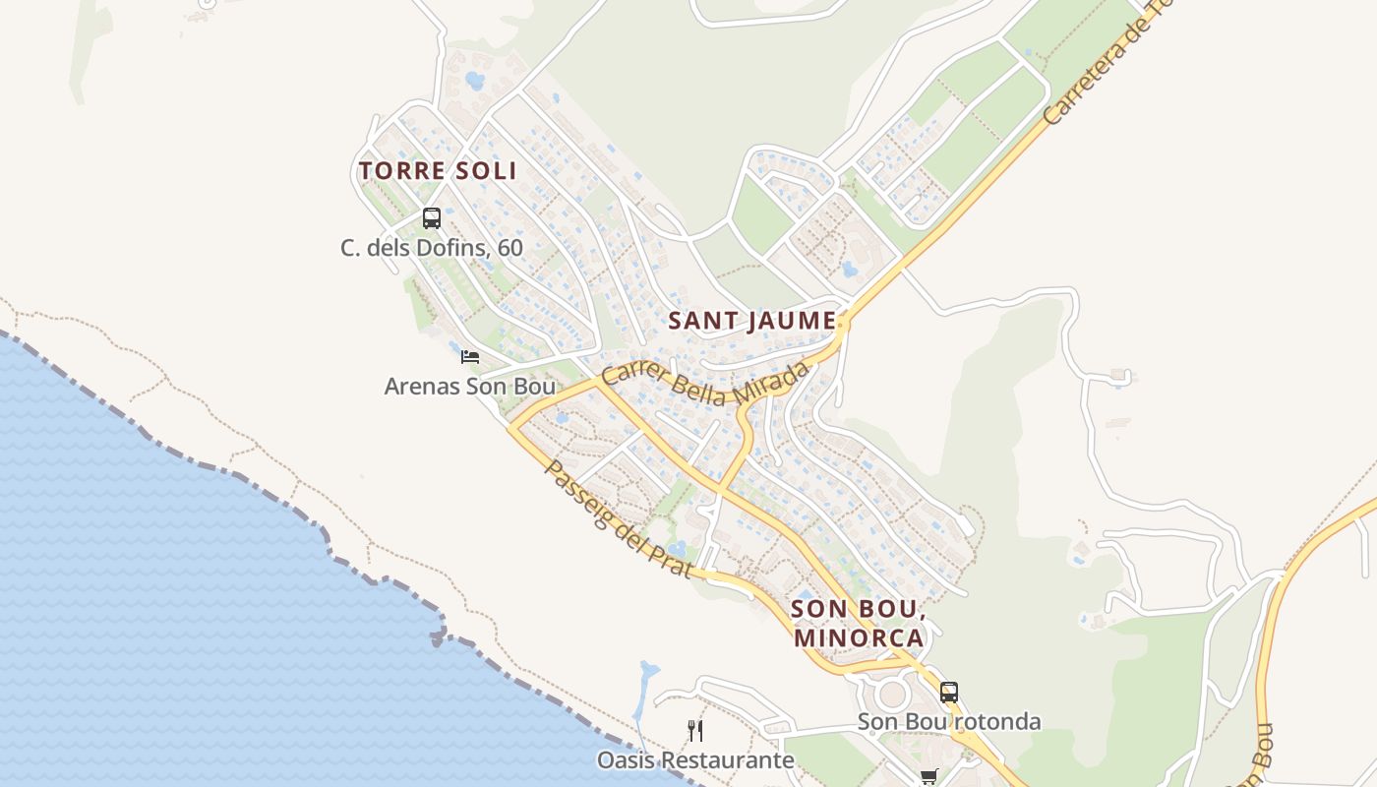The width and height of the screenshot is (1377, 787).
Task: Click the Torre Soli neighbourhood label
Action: click(438, 170)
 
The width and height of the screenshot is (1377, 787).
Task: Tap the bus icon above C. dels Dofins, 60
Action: click(432, 218)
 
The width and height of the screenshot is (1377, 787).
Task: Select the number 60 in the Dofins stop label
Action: click(510, 248)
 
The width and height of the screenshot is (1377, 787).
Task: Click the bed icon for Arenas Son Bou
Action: click(470, 356)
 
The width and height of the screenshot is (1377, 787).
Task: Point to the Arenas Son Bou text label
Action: click(470, 387)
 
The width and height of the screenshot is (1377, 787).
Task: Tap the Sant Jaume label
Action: click(752, 321)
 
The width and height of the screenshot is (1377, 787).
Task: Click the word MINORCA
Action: click(859, 637)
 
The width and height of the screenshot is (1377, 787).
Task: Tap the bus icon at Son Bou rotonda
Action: click(948, 692)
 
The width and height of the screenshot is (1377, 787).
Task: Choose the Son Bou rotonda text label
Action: click(948, 722)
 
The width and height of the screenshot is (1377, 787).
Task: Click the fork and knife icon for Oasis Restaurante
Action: click(695, 730)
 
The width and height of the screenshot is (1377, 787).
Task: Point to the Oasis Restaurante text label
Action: click(695, 760)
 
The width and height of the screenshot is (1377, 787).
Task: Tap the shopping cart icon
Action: click(928, 777)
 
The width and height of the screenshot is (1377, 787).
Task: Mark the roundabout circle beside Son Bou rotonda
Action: click(892, 695)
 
